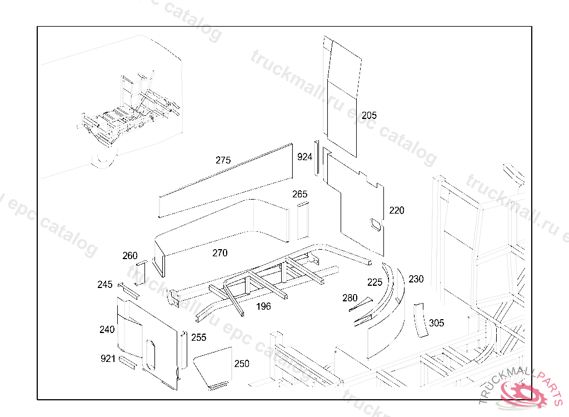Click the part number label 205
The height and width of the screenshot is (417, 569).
[369, 116]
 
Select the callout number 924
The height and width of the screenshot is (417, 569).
[305, 157]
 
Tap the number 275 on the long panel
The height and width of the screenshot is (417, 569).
[223, 160]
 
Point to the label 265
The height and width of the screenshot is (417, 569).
[300, 194]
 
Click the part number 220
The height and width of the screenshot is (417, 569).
[397, 210]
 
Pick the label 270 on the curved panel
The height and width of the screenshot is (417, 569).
[220, 253]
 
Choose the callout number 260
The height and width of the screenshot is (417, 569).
[130, 256]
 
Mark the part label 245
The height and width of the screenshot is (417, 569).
[105, 285]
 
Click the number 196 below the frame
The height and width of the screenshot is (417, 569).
[263, 306]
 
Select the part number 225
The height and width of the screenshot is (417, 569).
[375, 282]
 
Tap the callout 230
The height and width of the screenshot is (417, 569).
[416, 279]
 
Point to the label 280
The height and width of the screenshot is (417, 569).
[350, 298]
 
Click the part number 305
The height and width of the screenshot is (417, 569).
[437, 323]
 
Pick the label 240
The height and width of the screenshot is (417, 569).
[107, 330]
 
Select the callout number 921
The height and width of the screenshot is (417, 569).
[108, 359]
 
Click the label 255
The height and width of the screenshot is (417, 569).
[199, 337]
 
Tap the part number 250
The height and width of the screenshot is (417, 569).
[242, 364]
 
